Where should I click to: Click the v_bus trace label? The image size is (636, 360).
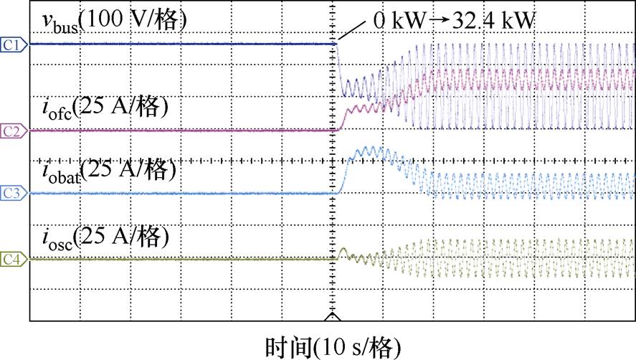[58, 21]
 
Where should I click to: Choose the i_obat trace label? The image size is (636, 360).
[60, 173]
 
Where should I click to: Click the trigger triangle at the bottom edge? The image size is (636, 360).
[331, 316]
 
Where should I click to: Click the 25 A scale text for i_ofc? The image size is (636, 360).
[123, 109]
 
